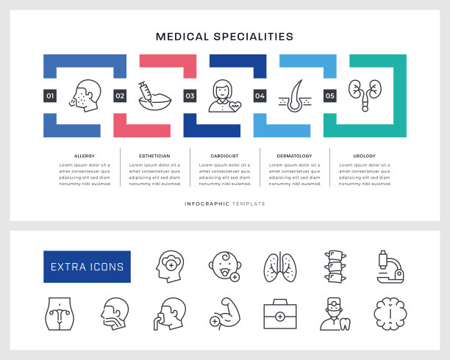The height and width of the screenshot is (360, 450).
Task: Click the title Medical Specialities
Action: point(225,36)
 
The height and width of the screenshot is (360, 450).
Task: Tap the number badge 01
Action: point(50,96)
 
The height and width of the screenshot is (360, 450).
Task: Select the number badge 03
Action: point(190,96)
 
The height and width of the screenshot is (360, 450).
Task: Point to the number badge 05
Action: point(329,96)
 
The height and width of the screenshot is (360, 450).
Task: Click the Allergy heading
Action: point(84,156)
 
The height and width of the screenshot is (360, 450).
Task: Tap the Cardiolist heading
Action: point(224,156)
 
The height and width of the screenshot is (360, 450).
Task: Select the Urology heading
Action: point(365,156)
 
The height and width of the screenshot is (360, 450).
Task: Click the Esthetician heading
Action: point(154,156)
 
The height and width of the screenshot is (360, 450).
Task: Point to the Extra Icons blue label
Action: point(87,267)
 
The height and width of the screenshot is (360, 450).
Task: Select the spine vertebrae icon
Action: point(334,267)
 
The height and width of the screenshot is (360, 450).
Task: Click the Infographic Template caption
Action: point(225,204)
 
